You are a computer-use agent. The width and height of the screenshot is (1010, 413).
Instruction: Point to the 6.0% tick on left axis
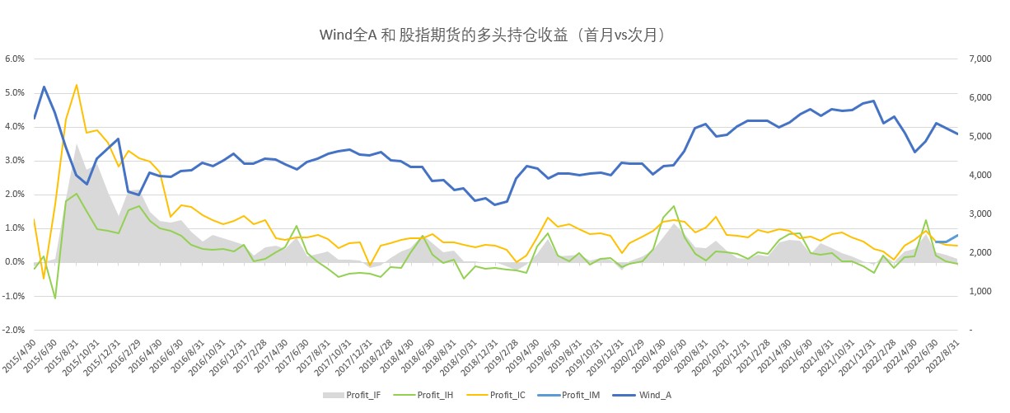pos(16,59)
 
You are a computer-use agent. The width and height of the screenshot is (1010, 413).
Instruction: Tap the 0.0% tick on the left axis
pos(16,262)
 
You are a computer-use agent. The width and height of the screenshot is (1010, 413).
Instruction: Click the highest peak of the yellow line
pos(77,85)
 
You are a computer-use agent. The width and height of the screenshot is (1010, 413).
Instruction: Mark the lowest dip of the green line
pos(55,298)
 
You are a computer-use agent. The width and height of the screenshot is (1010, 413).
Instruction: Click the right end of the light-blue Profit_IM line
pos(957,235)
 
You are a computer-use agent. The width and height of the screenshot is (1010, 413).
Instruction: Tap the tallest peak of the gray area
pos(77,145)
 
